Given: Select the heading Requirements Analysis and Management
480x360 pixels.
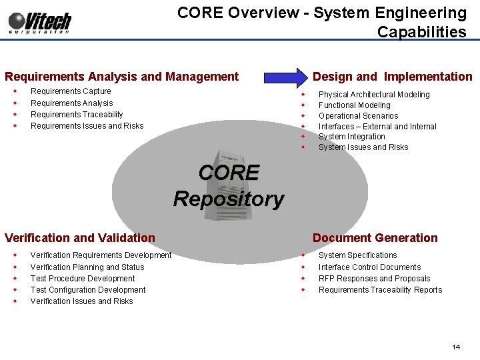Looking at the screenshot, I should coord(121,77).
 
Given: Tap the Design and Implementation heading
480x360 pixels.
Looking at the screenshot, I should coord(392,77).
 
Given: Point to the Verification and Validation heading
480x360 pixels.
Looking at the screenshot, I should coord(80,238).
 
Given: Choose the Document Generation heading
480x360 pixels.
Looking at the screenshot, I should coord(375,238).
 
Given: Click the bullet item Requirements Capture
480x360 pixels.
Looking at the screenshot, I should coord(71,91).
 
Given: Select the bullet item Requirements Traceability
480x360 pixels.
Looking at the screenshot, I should coord(77,115).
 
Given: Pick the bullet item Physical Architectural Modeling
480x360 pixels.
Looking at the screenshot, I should coord(373,95).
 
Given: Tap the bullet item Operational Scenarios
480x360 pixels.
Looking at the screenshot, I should coord(358,116).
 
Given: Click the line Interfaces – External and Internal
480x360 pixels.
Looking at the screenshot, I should coord(377,127).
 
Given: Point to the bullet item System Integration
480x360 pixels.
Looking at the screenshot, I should coord(351,137).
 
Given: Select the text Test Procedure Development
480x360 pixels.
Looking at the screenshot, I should coord(83,279).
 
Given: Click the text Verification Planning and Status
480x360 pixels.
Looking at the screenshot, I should coord(87,267).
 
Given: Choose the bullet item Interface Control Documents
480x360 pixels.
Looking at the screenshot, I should coord(369,267).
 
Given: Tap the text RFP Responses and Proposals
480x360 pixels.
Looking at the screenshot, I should coord(374,279).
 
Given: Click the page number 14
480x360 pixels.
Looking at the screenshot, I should coord(456,347).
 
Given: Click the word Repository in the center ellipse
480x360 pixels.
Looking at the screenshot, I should coord(228,199).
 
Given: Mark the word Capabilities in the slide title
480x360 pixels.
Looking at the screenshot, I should coord(421,32).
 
